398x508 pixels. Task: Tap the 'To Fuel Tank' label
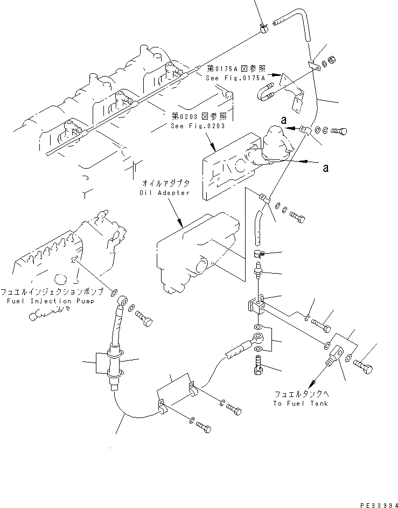point(300,403)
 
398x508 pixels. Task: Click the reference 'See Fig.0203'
point(197,126)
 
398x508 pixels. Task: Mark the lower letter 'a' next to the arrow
point(325,168)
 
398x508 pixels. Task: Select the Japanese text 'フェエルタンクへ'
point(300,394)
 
